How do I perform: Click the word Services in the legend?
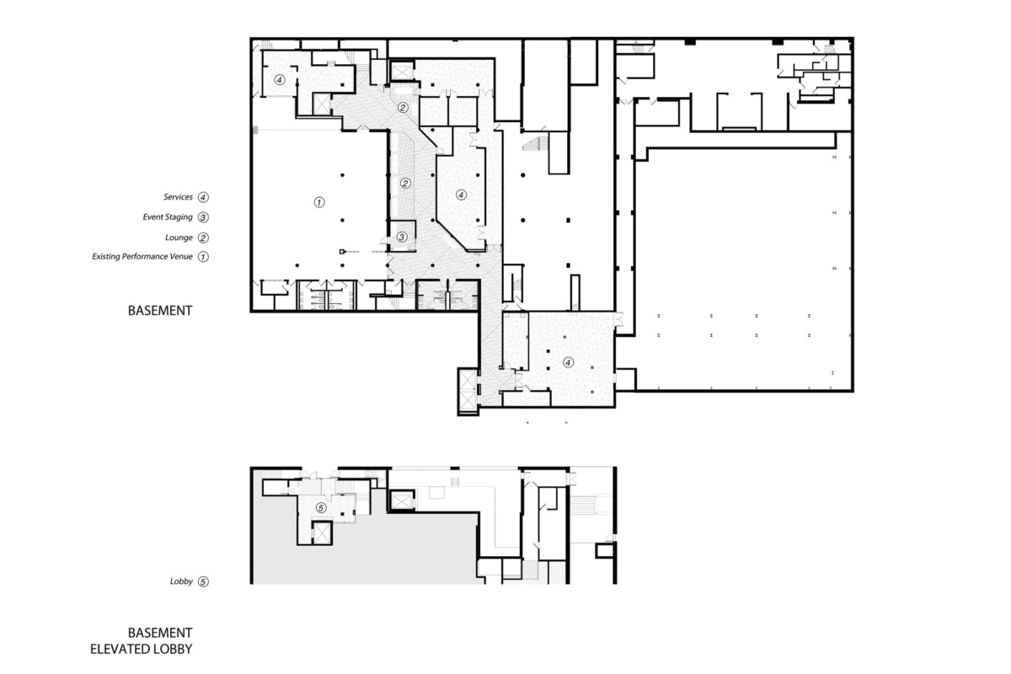pos(179,197)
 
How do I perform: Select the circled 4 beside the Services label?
pos(203,197)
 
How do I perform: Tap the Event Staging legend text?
pos(168,217)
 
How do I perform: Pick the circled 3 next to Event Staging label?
pos(203,217)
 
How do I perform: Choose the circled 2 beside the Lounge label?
pos(203,238)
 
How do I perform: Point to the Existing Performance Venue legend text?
pos(142,256)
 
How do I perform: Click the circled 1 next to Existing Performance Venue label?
pos(203,256)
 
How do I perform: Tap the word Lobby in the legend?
pos(181,581)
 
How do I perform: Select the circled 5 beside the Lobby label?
pos(203,581)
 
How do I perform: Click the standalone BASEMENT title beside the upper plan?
pos(160,310)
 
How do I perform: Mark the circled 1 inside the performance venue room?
pos(318,202)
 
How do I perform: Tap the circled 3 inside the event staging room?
pos(402,238)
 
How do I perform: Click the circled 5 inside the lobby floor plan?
pos(320,507)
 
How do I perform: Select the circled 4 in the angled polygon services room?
pos(460,195)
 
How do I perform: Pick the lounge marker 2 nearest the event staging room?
pos(404,183)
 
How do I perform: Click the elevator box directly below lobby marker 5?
pos(321,532)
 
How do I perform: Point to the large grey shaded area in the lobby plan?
pos(379,552)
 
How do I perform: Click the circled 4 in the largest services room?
pos(568,363)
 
